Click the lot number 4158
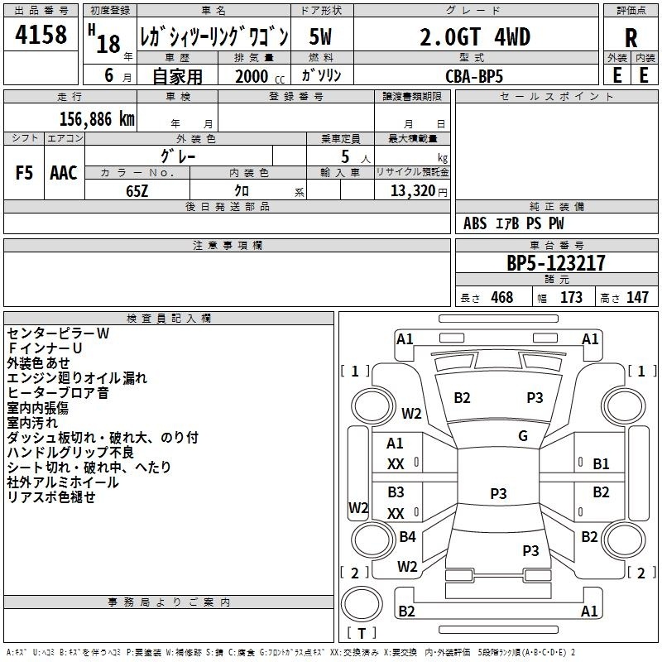click(x=41, y=34)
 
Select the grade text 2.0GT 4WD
click(x=475, y=36)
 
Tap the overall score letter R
click(x=631, y=38)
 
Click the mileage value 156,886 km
click(x=97, y=119)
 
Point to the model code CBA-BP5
click(x=474, y=76)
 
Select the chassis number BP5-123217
click(x=555, y=263)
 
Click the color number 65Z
click(x=137, y=191)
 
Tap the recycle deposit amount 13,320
click(x=412, y=191)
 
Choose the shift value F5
click(x=24, y=173)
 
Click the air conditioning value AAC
click(x=64, y=173)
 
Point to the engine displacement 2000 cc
click(x=260, y=77)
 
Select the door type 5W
click(x=320, y=36)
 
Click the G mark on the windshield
click(x=523, y=436)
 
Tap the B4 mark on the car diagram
click(x=407, y=536)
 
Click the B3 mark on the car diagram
click(x=396, y=492)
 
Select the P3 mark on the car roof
click(x=498, y=493)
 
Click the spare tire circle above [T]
click(x=362, y=604)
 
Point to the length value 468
click(x=502, y=297)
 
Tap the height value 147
click(x=637, y=297)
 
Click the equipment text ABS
click(x=475, y=223)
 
